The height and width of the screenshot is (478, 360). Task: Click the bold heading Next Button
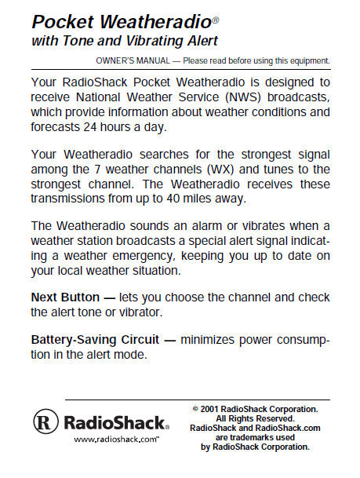click(x=65, y=297)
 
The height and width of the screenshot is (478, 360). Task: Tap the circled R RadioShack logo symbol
click(x=45, y=421)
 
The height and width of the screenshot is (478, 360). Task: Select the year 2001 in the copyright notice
click(x=209, y=408)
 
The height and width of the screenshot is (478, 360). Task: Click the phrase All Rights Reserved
click(x=255, y=418)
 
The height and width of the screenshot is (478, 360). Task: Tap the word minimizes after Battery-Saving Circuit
click(x=215, y=340)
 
